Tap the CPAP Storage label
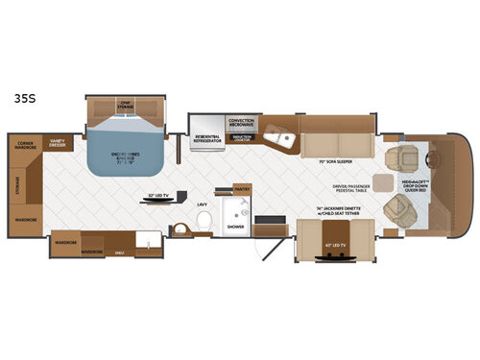point(123,105)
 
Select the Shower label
point(234,227)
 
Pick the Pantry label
point(242,188)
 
